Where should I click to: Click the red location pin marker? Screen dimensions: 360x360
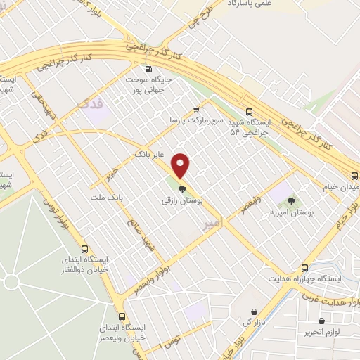point(181,165)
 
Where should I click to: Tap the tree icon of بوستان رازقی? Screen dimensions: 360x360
point(181,188)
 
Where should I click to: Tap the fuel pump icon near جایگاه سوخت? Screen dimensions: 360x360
point(148,69)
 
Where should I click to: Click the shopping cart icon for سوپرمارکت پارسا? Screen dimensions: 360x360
point(196,108)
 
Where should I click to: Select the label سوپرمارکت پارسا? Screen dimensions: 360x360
point(196,121)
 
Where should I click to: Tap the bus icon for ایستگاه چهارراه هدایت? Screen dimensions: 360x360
point(304,268)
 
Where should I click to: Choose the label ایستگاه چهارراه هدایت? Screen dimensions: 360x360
point(304,279)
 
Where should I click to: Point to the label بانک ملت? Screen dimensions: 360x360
point(106,198)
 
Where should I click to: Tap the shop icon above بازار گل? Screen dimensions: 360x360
point(254,311)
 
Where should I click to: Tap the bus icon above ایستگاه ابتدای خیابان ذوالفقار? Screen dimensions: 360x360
point(84,248)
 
